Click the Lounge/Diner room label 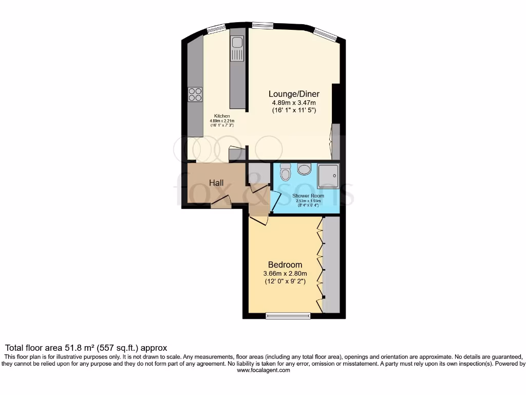click(294, 94)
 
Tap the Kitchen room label click(222, 116)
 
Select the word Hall click(216, 183)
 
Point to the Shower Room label click(306, 196)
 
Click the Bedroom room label click(285, 265)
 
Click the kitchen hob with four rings click(195, 94)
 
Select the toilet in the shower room click(286, 172)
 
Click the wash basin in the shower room click(304, 169)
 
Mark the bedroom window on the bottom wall click(288, 315)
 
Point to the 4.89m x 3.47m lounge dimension click(294, 103)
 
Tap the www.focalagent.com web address click(262, 370)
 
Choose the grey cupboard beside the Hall click(258, 173)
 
